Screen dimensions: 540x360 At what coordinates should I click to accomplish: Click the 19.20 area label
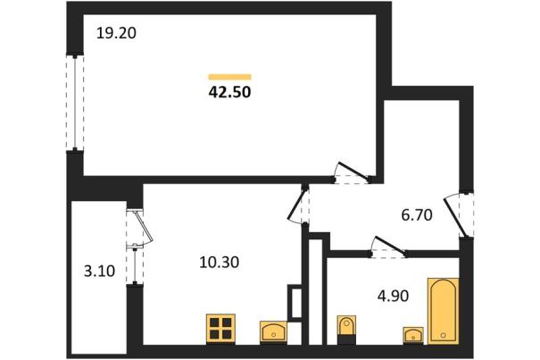(x=116, y=33)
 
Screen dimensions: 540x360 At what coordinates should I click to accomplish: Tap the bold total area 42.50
(x=229, y=92)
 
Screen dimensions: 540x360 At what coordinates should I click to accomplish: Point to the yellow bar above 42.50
(x=229, y=77)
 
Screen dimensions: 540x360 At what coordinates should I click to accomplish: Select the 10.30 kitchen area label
(x=219, y=263)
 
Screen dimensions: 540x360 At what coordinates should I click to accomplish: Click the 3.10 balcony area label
(x=99, y=272)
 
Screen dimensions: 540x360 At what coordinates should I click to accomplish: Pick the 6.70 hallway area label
(x=417, y=215)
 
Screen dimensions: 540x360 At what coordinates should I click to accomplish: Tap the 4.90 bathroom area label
(x=393, y=296)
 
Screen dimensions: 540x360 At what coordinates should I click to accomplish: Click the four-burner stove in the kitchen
(x=220, y=329)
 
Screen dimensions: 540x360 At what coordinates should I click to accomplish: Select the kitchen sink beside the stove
(x=273, y=331)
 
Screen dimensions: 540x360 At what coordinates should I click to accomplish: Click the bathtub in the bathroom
(x=444, y=311)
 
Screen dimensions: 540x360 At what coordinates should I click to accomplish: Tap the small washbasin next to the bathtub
(x=413, y=335)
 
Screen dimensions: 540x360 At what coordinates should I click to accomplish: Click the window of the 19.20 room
(x=75, y=103)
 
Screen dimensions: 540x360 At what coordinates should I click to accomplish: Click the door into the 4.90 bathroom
(x=388, y=247)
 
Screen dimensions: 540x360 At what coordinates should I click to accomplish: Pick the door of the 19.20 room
(x=352, y=173)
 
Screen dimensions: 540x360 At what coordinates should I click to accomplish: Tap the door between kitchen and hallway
(x=297, y=205)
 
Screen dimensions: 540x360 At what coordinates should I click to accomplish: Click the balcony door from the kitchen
(x=139, y=228)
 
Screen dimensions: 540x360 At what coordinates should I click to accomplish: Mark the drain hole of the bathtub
(x=444, y=335)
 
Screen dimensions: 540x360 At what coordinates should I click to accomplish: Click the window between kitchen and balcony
(x=135, y=264)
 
